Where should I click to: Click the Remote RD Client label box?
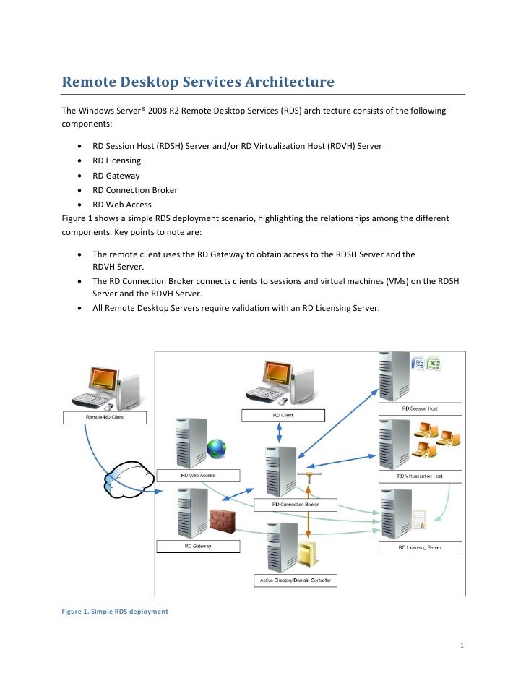[x=105, y=418]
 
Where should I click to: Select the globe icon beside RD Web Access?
[x=217, y=448]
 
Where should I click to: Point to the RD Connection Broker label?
[x=295, y=504]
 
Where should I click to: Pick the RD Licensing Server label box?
[x=420, y=547]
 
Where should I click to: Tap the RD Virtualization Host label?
[x=420, y=476]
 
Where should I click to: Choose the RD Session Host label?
[x=420, y=409]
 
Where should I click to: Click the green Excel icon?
[x=434, y=364]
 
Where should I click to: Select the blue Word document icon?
[x=418, y=364]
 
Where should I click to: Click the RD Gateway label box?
[x=197, y=547]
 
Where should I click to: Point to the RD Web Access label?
[x=197, y=476]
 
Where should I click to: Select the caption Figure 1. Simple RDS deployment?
[x=115, y=612]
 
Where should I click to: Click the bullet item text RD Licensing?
[x=116, y=160]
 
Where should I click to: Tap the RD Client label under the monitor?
[x=283, y=416]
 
